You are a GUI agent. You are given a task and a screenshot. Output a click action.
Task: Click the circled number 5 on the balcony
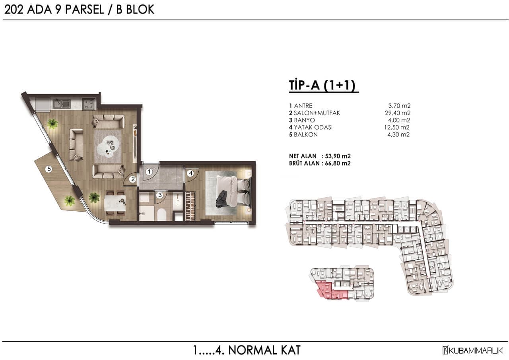pos(49,169)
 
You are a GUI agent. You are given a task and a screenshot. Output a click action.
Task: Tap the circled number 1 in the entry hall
pos(149,171)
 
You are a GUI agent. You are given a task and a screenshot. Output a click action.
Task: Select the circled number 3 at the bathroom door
pos(160,195)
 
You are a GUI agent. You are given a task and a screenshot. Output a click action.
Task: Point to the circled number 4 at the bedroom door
pos(190,173)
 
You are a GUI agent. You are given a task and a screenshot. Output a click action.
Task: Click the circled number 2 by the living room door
pos(133,179)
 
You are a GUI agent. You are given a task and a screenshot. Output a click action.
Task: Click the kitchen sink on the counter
pos(62,104)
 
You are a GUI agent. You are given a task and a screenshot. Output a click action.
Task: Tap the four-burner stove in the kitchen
pos(89,104)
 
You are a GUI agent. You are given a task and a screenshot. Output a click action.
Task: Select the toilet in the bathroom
pos(161,214)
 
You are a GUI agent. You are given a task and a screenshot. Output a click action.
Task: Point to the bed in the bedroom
pos(229,193)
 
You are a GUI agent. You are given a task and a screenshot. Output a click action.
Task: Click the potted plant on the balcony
pos(69,200)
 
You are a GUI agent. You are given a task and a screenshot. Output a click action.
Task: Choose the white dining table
pos(115,203)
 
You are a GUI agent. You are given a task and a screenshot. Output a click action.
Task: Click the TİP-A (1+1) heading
pos(322,85)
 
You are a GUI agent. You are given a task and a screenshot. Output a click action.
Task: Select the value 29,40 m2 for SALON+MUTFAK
pos(398,113)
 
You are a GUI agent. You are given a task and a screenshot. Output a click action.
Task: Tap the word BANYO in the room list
pos(304,120)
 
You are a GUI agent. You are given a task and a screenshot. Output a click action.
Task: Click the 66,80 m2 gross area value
pos(338,163)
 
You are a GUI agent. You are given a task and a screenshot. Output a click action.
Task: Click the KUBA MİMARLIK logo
pos(473,350)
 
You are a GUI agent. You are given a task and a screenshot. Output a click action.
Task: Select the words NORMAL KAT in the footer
pos(264,350)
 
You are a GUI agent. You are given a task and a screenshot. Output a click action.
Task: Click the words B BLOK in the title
pos(135,10)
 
